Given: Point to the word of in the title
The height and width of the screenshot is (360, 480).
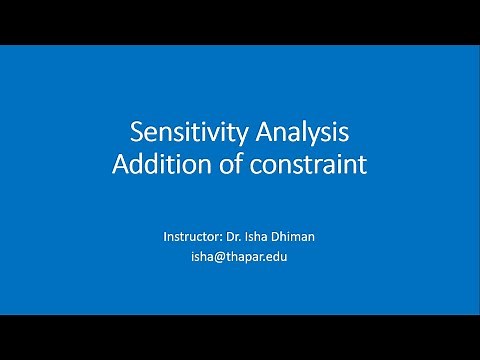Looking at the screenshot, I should click(x=229, y=164).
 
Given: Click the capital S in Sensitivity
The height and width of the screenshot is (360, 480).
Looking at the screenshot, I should click(x=138, y=133).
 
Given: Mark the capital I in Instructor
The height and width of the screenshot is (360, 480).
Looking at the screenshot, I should click(x=165, y=237).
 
